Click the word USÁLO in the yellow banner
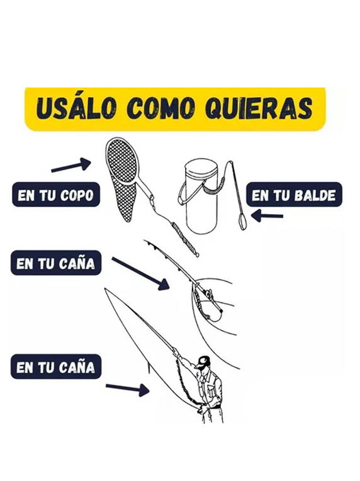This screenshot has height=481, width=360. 76,108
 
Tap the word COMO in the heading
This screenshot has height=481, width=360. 161,108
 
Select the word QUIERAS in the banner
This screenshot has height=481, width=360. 259,108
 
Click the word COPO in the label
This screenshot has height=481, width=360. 77,196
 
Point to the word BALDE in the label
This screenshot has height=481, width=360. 315,196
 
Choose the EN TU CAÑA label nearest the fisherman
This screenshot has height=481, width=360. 56,367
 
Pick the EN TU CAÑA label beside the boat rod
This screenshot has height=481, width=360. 56,263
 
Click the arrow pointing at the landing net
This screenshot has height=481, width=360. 71,165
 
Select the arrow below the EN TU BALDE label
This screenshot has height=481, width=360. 267,215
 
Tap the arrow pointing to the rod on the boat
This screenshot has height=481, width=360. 140,274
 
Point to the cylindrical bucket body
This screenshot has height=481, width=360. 201,196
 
